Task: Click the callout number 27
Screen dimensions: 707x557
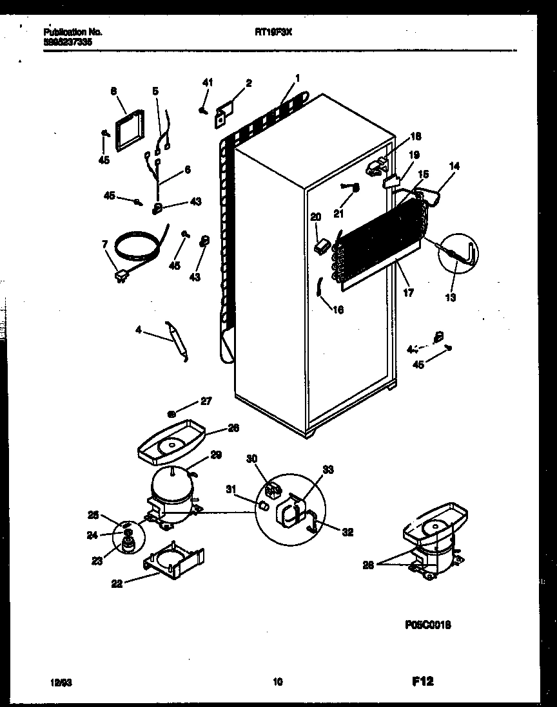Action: [206, 401]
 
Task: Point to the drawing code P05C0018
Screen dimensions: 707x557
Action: [428, 624]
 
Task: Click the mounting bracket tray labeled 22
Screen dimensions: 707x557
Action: [173, 558]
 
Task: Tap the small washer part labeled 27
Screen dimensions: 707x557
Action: [172, 414]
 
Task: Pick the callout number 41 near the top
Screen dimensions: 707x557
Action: [207, 82]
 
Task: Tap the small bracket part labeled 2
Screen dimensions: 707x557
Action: [224, 111]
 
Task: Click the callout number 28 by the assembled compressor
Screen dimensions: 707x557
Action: [367, 565]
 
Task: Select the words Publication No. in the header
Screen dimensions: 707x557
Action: [74, 31]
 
